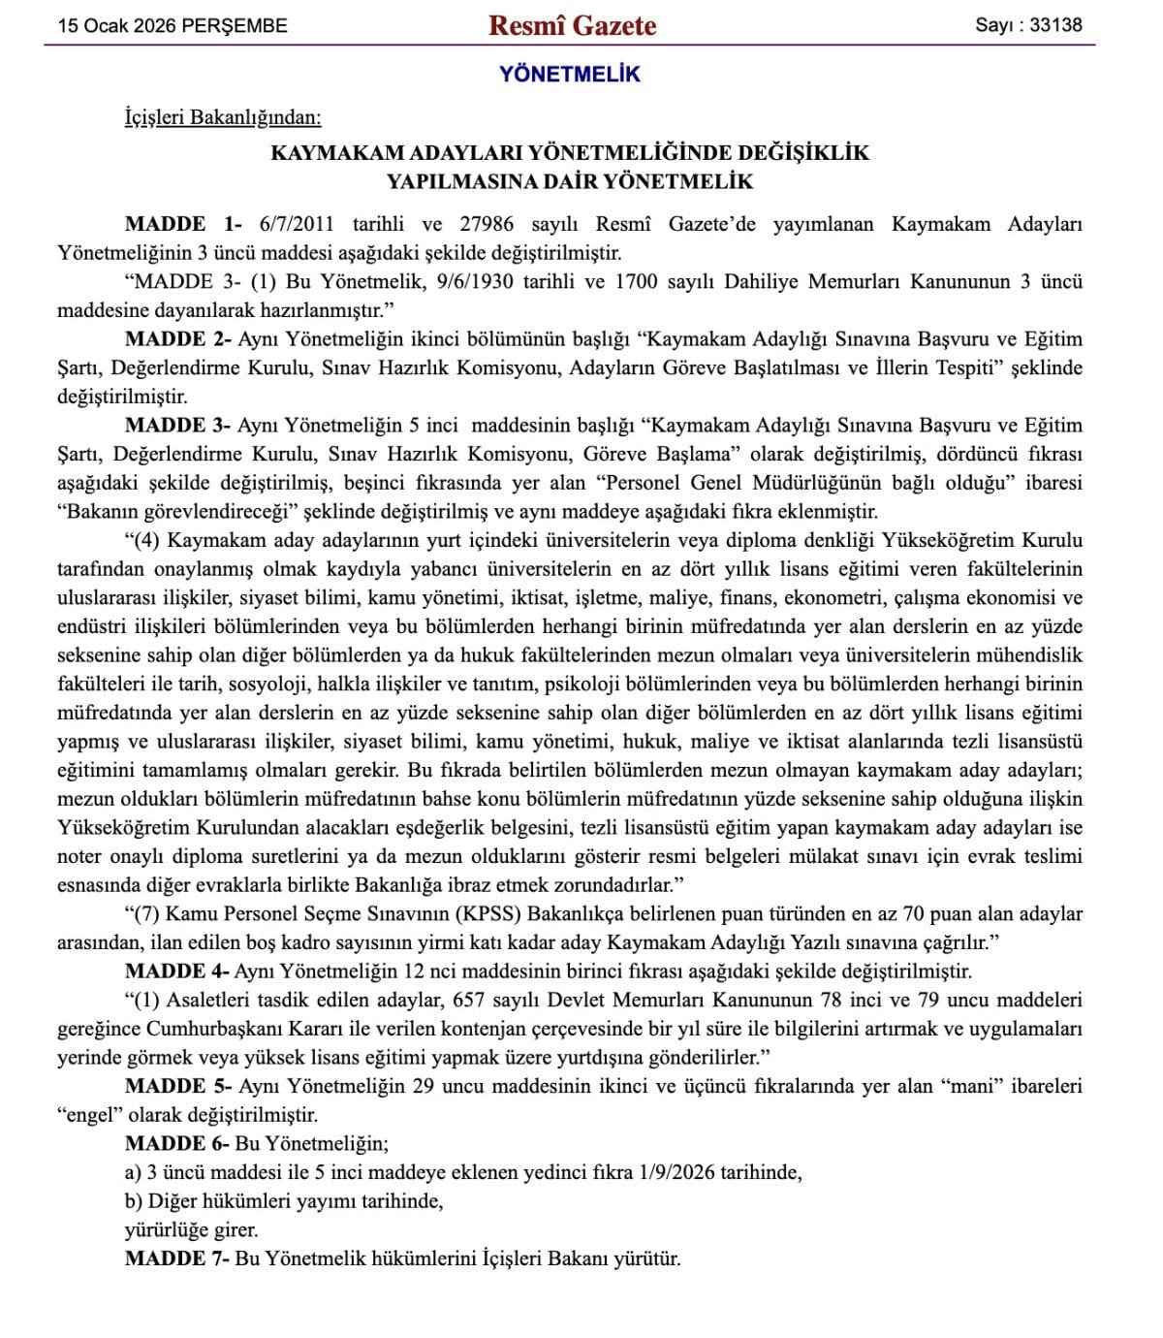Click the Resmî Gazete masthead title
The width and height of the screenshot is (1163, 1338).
(572, 25)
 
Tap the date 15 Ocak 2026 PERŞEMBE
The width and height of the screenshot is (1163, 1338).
(173, 26)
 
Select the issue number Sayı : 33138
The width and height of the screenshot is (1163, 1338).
(1028, 25)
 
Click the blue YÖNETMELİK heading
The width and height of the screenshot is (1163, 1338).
(570, 74)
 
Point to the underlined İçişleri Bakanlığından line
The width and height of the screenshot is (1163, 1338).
(223, 117)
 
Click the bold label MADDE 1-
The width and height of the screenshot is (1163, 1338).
(183, 224)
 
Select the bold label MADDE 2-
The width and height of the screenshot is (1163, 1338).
(178, 339)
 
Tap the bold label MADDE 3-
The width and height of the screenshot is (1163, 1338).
(178, 425)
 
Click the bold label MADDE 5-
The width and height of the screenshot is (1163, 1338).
(178, 1086)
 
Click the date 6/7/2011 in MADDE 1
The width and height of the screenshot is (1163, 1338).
(297, 224)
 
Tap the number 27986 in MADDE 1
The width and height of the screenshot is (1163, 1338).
(487, 224)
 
